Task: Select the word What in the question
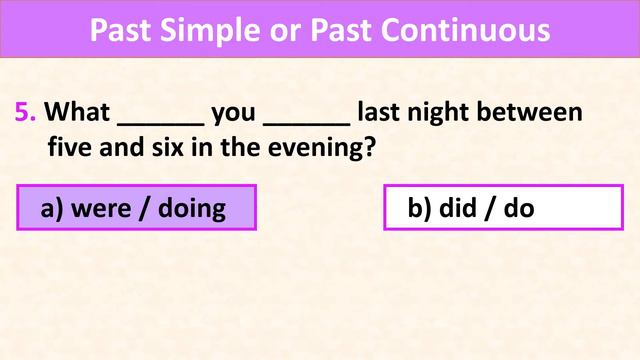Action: tap(79, 112)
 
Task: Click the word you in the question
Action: tap(234, 112)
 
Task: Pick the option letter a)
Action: tap(51, 209)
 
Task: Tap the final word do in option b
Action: tap(517, 209)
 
